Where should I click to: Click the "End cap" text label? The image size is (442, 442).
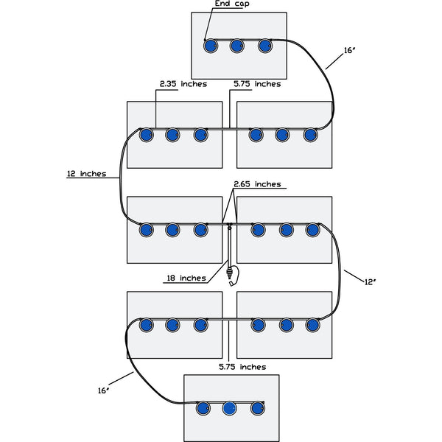(x=231, y=4)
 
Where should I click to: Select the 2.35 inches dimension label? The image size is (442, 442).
(x=182, y=84)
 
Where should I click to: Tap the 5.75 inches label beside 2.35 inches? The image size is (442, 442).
(x=256, y=84)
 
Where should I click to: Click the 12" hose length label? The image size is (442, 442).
(x=371, y=281)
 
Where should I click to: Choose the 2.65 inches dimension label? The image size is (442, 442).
(x=257, y=183)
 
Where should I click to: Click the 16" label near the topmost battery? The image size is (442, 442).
(x=351, y=51)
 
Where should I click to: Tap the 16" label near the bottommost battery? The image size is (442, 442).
(x=102, y=390)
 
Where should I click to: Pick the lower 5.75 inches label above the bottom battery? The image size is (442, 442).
(x=242, y=366)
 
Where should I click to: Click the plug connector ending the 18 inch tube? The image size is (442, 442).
(x=234, y=277)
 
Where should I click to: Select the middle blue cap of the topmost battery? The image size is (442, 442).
(x=237, y=46)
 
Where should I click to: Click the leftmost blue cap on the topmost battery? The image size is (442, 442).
(x=210, y=46)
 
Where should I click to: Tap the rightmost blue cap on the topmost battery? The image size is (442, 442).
(x=265, y=46)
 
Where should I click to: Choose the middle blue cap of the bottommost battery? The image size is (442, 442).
(x=229, y=408)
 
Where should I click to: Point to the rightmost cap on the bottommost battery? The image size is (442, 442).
(x=257, y=408)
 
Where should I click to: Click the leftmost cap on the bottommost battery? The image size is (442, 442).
(x=201, y=408)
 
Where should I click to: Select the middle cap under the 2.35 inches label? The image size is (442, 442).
(x=172, y=135)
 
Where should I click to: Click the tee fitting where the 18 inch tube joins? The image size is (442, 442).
(x=230, y=225)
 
